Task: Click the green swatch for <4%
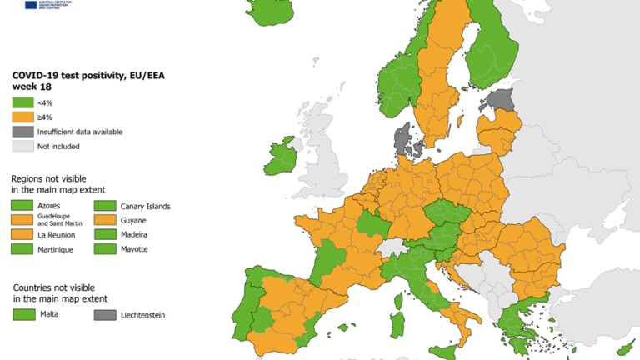click(22, 102)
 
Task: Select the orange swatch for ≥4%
click(22, 117)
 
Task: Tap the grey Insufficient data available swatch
click(22, 132)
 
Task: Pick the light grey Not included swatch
click(22, 147)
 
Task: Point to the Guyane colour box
click(104, 220)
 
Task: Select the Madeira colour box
click(104, 234)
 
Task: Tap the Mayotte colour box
click(104, 248)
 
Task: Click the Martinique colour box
click(22, 248)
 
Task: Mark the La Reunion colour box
click(22, 234)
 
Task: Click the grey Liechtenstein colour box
click(105, 315)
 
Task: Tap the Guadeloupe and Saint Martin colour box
click(22, 220)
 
